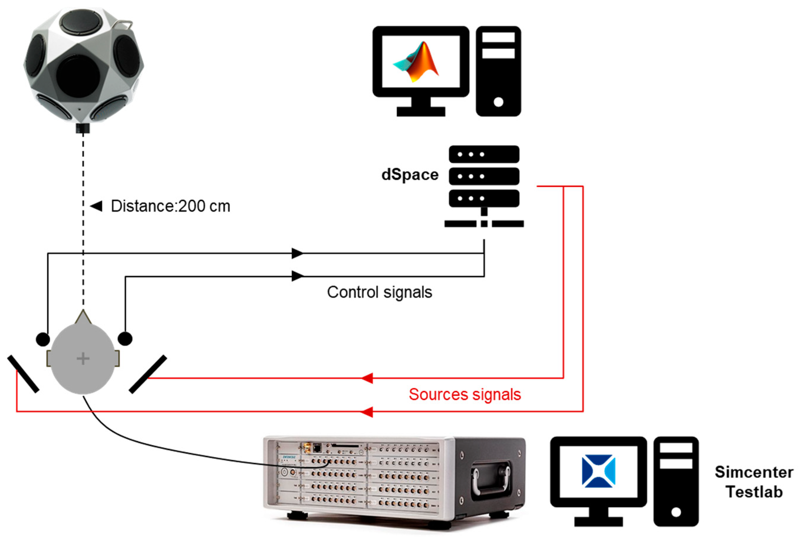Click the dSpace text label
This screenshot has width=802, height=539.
coord(410,175)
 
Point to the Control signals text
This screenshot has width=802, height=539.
coord(379,292)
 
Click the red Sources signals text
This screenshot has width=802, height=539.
coord(465,394)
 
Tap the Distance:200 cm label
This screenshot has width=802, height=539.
coord(170,206)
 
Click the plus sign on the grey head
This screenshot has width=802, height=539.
coord(83,359)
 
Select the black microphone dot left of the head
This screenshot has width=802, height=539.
coord(43,339)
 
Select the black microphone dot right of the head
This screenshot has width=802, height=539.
coord(125,339)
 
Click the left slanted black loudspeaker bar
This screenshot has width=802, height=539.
coord(23,374)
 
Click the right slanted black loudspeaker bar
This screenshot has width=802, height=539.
coord(148,374)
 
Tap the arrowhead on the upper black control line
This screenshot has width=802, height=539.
coord(297,253)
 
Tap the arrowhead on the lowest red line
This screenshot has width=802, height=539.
coord(367,411)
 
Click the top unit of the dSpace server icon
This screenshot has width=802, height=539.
coord(484,154)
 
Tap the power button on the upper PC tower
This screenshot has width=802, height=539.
coord(498,102)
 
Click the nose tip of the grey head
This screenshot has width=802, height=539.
coord(83,311)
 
